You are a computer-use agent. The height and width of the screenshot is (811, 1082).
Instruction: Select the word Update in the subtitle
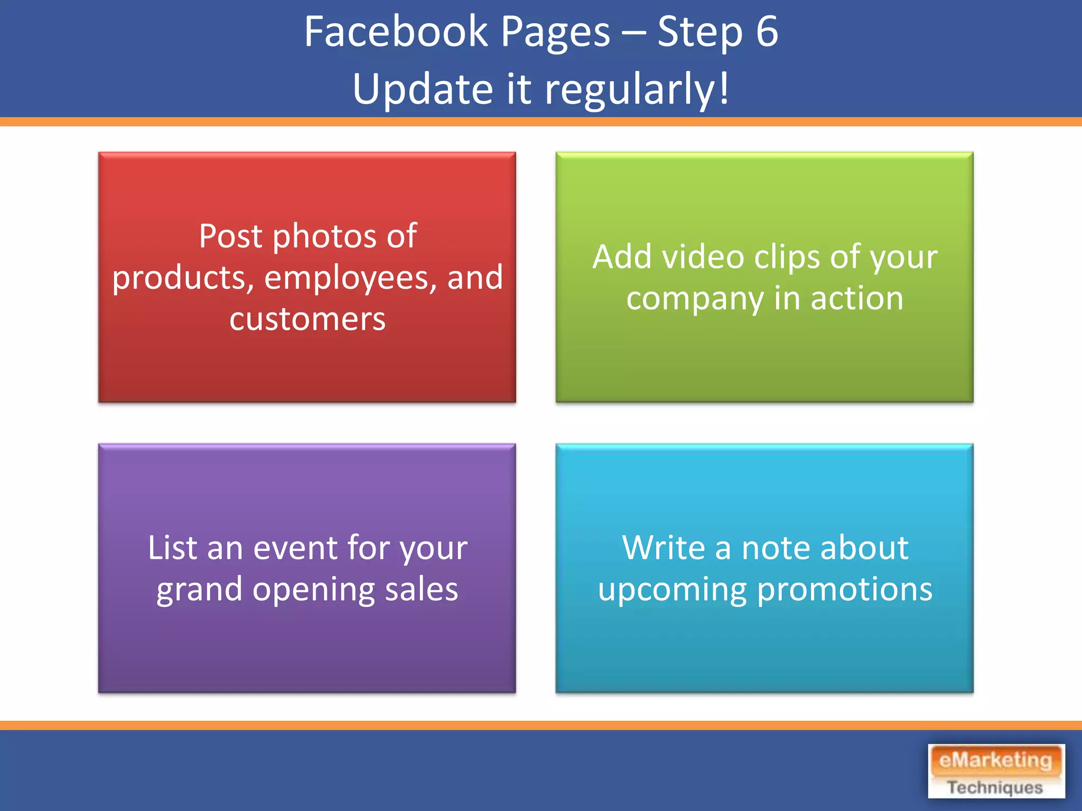pos(423,89)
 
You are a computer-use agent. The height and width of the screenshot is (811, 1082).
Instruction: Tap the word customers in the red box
pos(307,319)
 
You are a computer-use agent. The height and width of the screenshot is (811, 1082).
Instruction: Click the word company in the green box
pos(695,299)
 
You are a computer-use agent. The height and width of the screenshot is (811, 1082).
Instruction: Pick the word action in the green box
pos(857,299)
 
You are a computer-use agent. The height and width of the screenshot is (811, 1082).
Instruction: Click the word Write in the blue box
pos(664,548)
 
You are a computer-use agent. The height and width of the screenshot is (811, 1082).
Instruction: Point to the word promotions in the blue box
pos(845,590)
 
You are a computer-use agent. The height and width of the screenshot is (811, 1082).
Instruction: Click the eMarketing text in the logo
pos(995,760)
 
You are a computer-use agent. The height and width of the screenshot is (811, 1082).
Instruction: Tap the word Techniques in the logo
pos(995,787)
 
